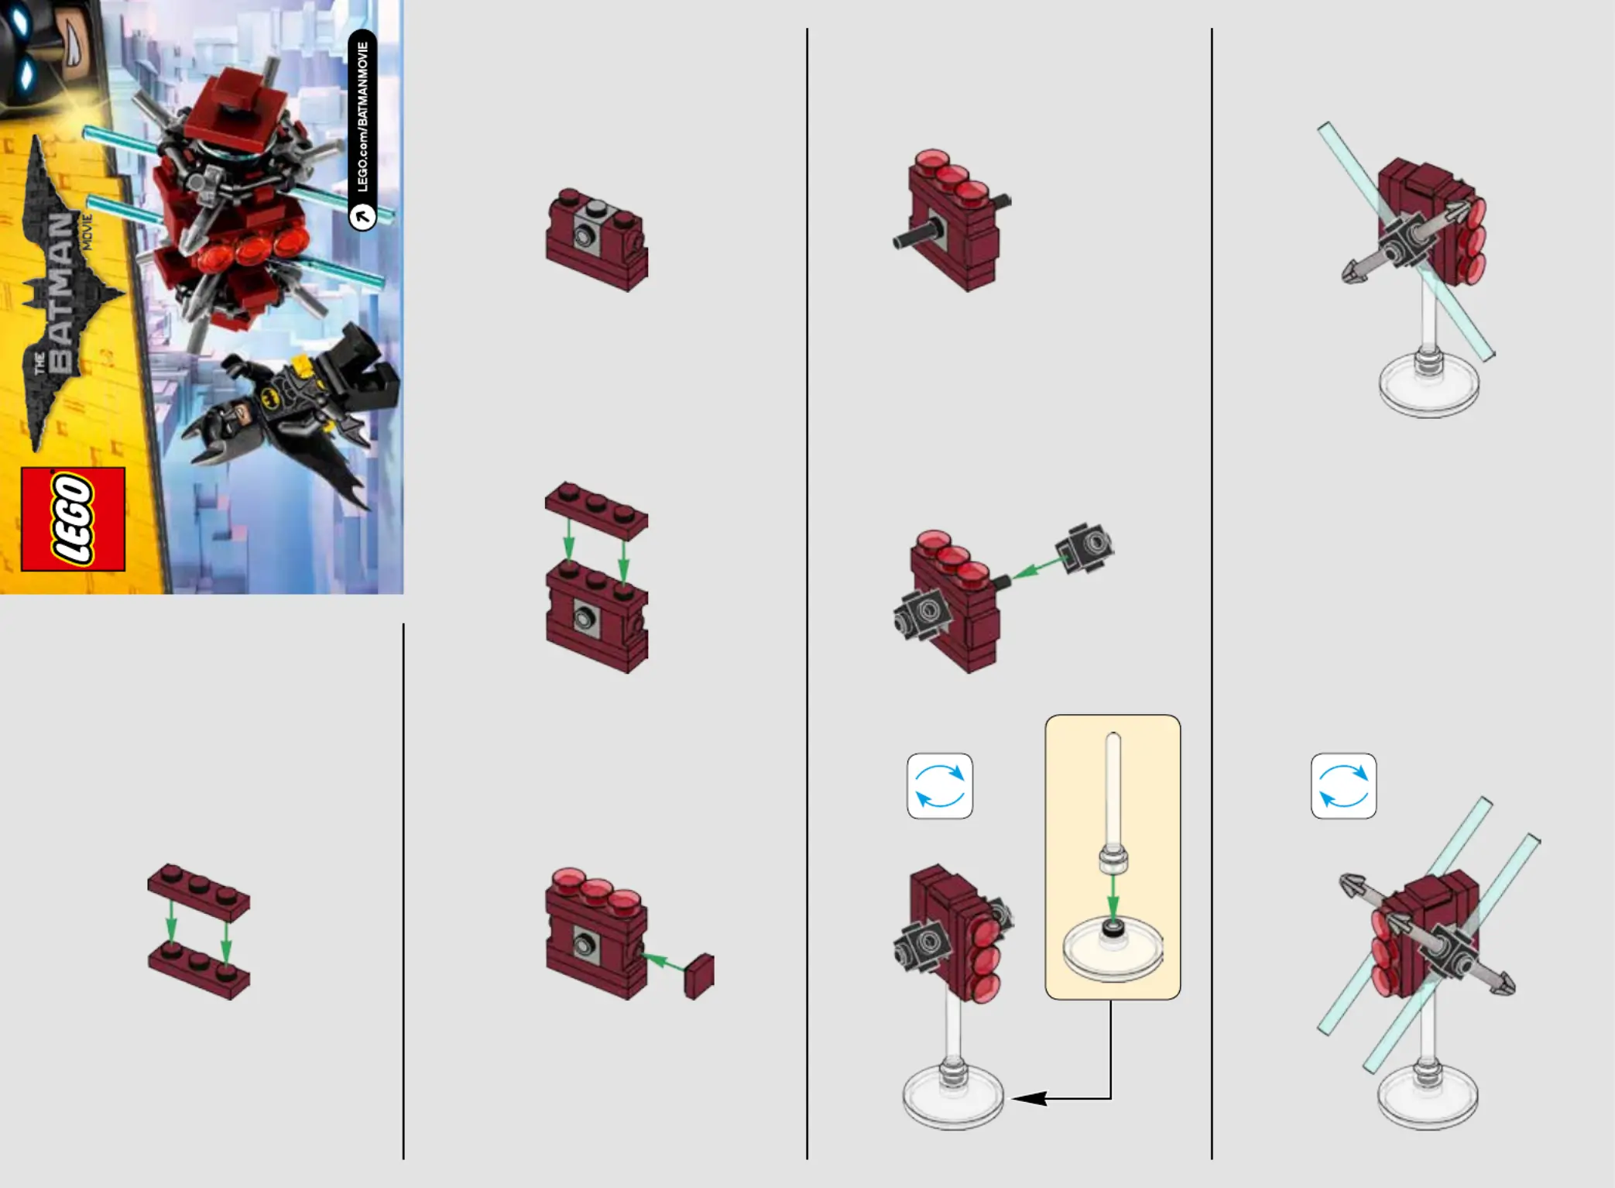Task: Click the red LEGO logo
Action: [x=73, y=519]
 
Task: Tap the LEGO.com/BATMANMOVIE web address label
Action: [x=362, y=117]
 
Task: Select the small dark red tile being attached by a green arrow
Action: [x=699, y=976]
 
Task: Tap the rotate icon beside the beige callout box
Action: [x=940, y=786]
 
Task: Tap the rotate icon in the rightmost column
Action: [x=1344, y=786]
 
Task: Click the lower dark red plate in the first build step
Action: [x=199, y=970]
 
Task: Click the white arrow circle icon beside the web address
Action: [x=362, y=217]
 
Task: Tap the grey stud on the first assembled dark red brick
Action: [x=596, y=208]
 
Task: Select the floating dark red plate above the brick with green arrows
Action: [x=596, y=510]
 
